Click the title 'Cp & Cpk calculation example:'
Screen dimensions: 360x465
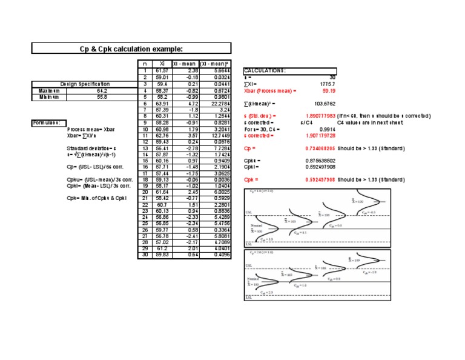(131, 48)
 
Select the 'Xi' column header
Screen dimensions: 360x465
(160, 64)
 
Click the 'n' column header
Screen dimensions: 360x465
(145, 64)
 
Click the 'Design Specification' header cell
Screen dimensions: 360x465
(85, 84)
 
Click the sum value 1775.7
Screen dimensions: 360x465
(328, 84)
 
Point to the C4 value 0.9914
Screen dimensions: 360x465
(326, 128)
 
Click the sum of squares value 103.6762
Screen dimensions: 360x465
(325, 103)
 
